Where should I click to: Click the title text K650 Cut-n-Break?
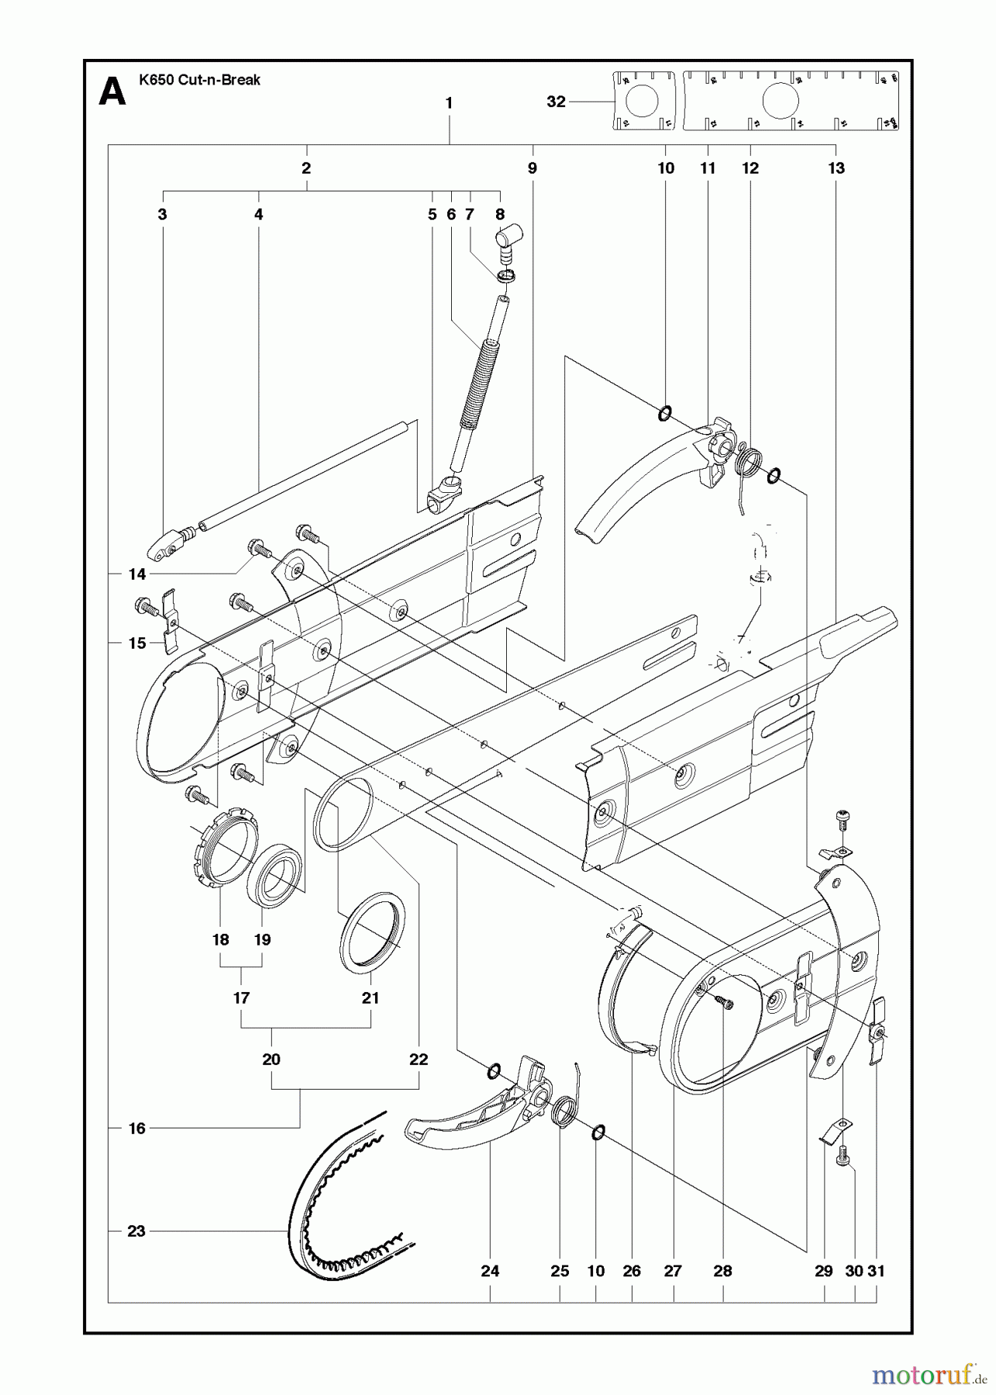(199, 80)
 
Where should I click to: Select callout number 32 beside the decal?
(556, 102)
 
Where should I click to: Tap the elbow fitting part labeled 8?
(509, 235)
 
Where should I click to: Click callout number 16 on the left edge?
(136, 1128)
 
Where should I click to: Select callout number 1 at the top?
(449, 102)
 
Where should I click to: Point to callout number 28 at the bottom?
(722, 1271)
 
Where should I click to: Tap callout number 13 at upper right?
(836, 168)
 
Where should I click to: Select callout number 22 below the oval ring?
(419, 1059)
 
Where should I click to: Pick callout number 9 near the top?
(532, 168)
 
